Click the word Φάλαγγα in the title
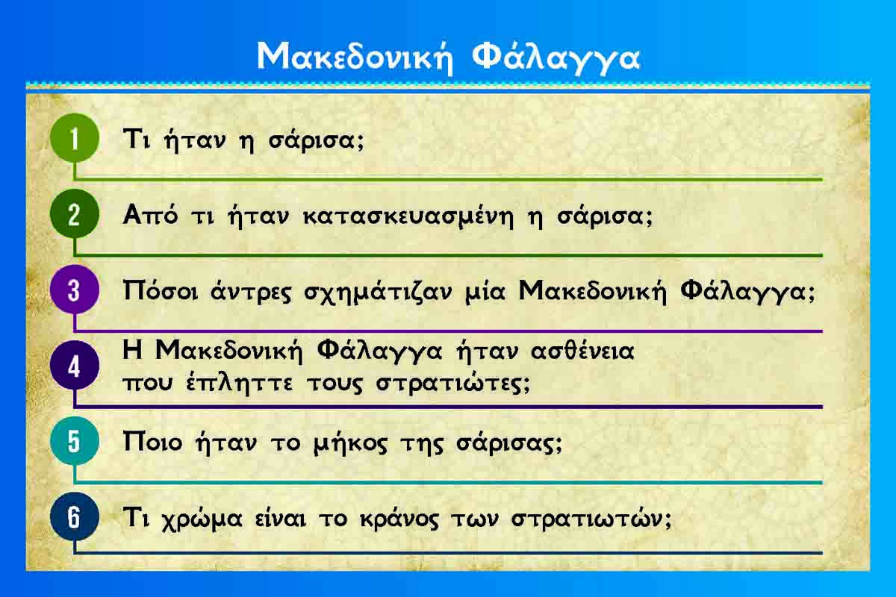[x=556, y=58]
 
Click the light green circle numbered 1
[x=75, y=137]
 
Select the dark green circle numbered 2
[x=75, y=214]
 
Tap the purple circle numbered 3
[x=75, y=290]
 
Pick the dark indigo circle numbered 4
[x=75, y=366]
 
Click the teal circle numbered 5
[x=75, y=441]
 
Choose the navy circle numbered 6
[x=75, y=516]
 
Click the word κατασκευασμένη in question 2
[x=408, y=216]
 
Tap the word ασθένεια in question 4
[x=582, y=351]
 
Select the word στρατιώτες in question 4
[x=452, y=384]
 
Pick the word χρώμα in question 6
[x=202, y=519]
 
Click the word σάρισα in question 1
[x=316, y=140]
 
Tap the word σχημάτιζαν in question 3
[x=378, y=293]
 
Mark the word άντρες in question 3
[x=251, y=292]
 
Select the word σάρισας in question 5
[x=508, y=443]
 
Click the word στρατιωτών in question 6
[x=591, y=519]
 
